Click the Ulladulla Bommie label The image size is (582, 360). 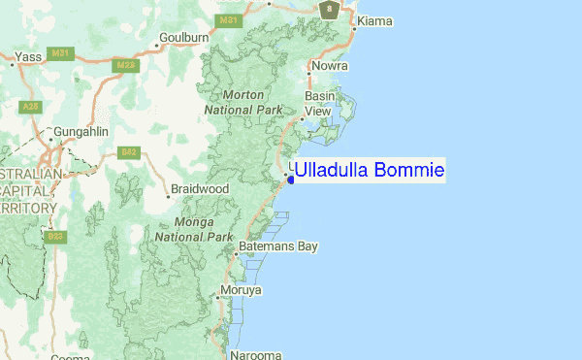click(x=369, y=171)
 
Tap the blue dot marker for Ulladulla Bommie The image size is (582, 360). click(x=291, y=179)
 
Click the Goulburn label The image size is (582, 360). click(x=185, y=38)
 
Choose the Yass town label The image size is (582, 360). click(x=28, y=57)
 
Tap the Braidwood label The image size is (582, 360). click(x=200, y=188)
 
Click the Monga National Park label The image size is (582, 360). click(x=194, y=230)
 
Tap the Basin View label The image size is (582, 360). click(x=320, y=104)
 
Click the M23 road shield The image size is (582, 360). click(x=125, y=65)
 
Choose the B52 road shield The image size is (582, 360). click(x=128, y=152)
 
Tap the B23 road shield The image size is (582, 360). click(x=54, y=237)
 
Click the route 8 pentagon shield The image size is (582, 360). click(x=331, y=10)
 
